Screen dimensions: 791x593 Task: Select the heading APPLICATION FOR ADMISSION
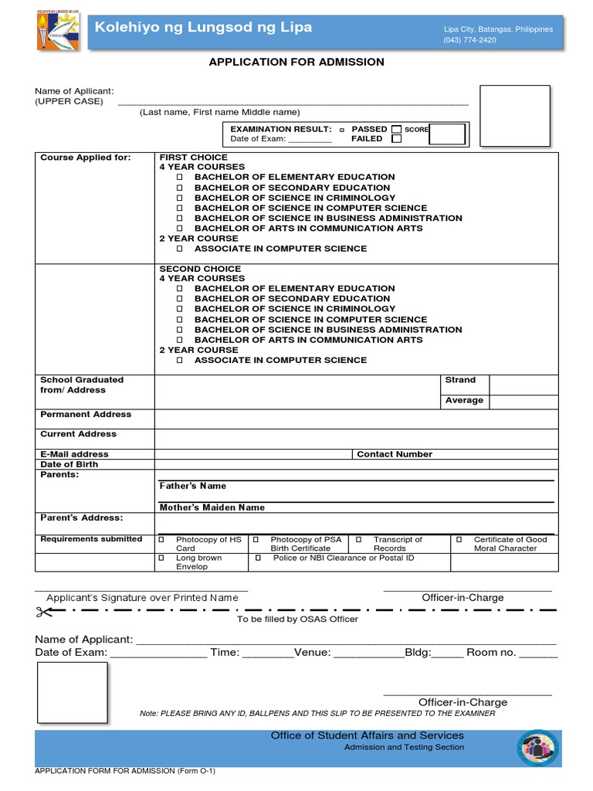coord(296,63)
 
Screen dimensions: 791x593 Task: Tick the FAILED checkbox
coord(396,139)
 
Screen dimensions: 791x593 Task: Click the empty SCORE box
coord(448,134)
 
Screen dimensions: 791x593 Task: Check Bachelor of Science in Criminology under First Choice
coord(180,198)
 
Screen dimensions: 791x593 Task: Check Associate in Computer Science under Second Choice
coord(180,361)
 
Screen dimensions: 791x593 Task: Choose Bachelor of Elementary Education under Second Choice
coord(180,289)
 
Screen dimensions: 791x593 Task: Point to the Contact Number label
coord(394,454)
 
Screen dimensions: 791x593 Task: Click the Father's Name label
coord(192,486)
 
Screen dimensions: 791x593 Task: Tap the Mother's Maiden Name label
coord(212,508)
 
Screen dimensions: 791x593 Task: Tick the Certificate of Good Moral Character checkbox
coord(459,539)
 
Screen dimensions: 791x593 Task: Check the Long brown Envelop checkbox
coord(161,558)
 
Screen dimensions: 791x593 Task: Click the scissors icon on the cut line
coord(43,612)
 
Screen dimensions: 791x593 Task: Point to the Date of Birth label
coord(69,464)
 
